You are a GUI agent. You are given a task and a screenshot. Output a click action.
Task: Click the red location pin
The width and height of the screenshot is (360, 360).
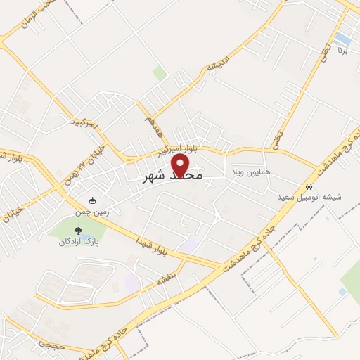(181, 166)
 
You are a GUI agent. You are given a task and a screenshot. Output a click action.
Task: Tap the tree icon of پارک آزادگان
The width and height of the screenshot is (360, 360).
(78, 229)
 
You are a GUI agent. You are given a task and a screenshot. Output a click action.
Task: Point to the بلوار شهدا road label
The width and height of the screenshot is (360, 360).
(153, 250)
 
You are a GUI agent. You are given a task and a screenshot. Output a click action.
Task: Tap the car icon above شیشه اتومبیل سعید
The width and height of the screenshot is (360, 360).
(309, 187)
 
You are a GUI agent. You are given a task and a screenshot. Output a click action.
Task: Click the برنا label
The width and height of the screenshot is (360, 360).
(342, 51)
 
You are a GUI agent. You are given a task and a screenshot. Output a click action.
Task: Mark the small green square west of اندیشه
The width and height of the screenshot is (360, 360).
(160, 72)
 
